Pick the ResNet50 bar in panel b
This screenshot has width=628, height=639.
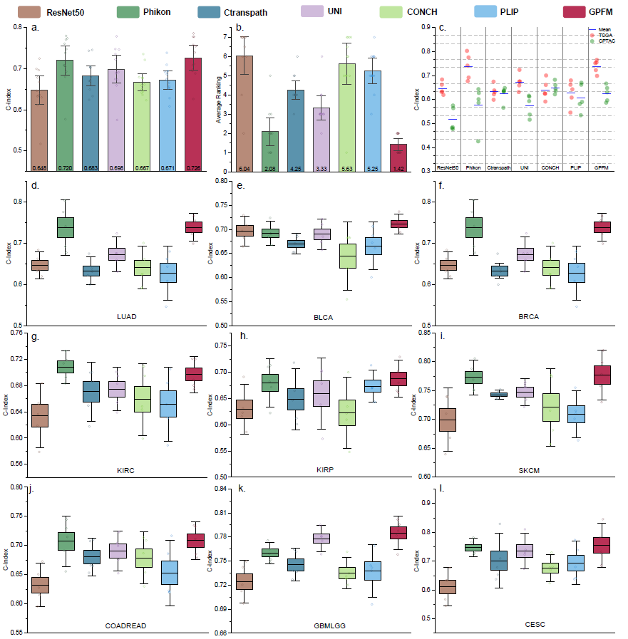point(244,114)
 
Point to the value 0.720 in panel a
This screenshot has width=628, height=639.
point(65,168)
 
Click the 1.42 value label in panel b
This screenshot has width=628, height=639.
point(398,168)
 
